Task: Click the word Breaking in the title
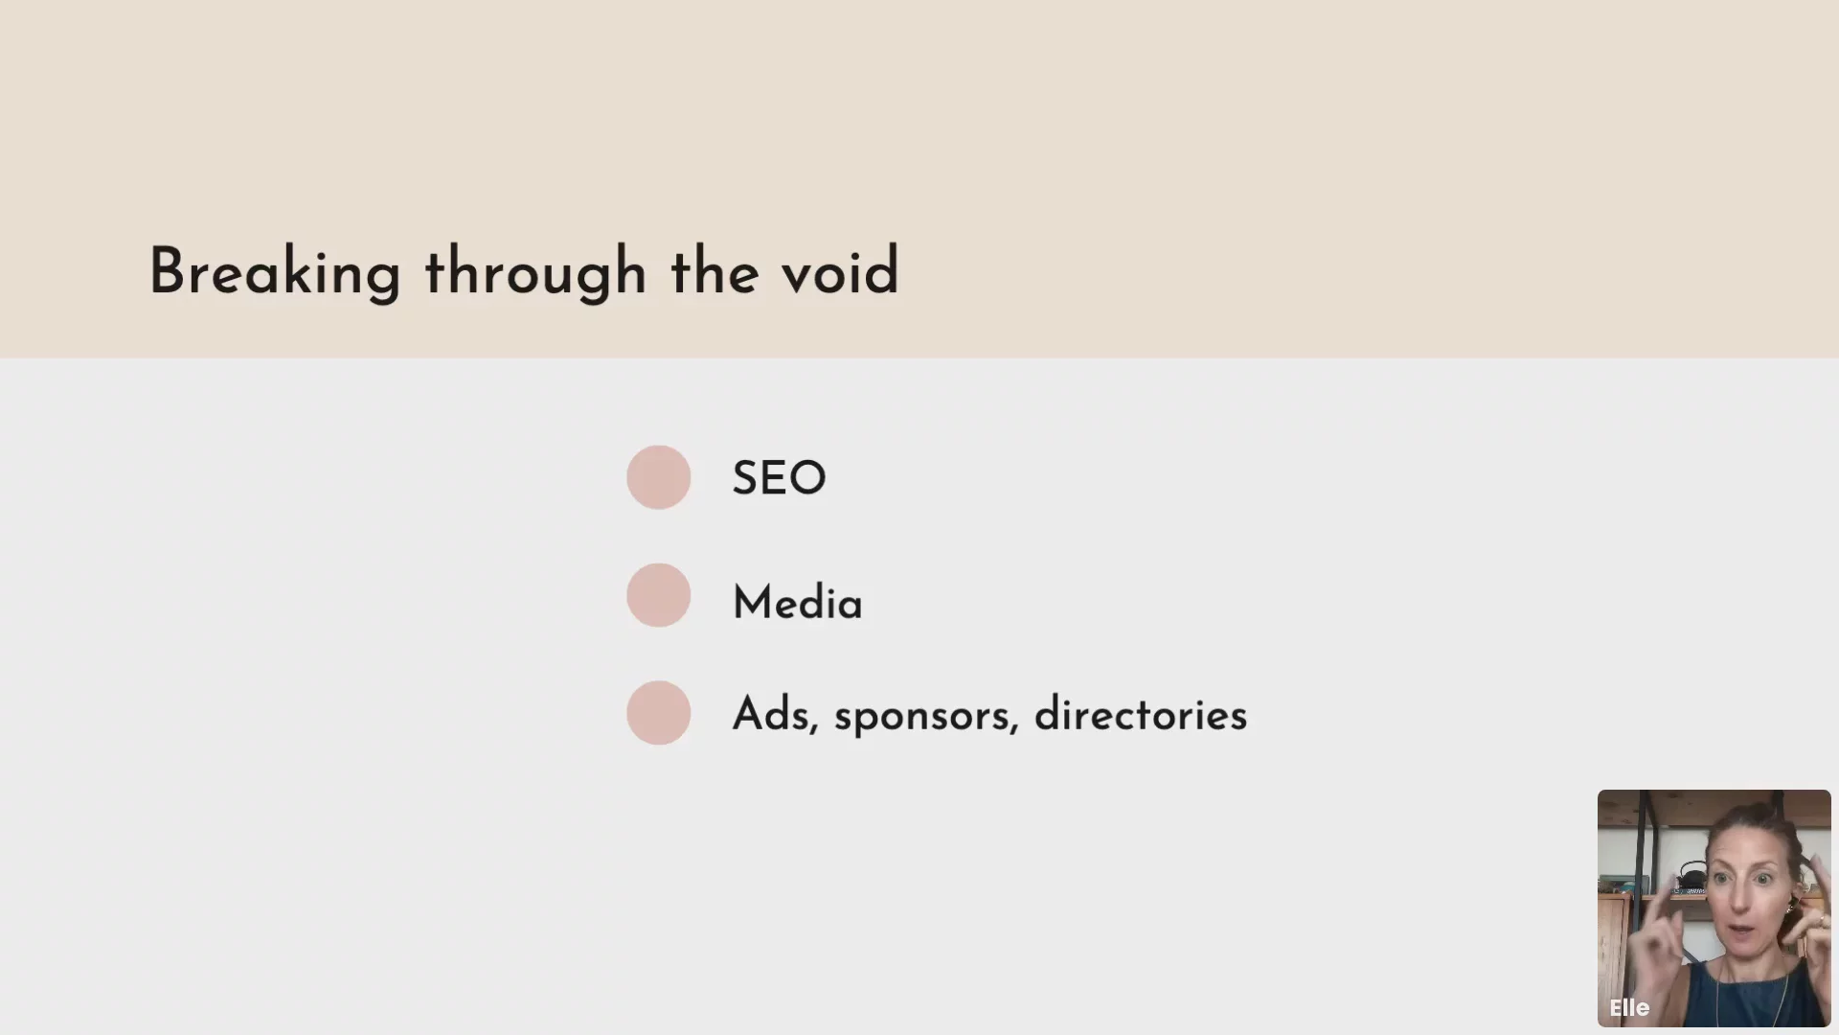point(275,273)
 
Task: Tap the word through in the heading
point(536,273)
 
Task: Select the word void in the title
point(840,272)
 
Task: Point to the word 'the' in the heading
point(715,272)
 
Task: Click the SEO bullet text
point(779,477)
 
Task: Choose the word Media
point(797,603)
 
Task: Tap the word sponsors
point(925,717)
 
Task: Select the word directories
point(1141,714)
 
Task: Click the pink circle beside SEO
point(659,477)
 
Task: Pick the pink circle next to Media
point(659,595)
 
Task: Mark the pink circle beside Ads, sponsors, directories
point(659,713)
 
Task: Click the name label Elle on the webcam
point(1629,1008)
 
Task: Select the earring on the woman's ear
point(1788,906)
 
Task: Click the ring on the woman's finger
point(1820,920)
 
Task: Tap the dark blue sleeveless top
point(1734,997)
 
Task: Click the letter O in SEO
point(807,477)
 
